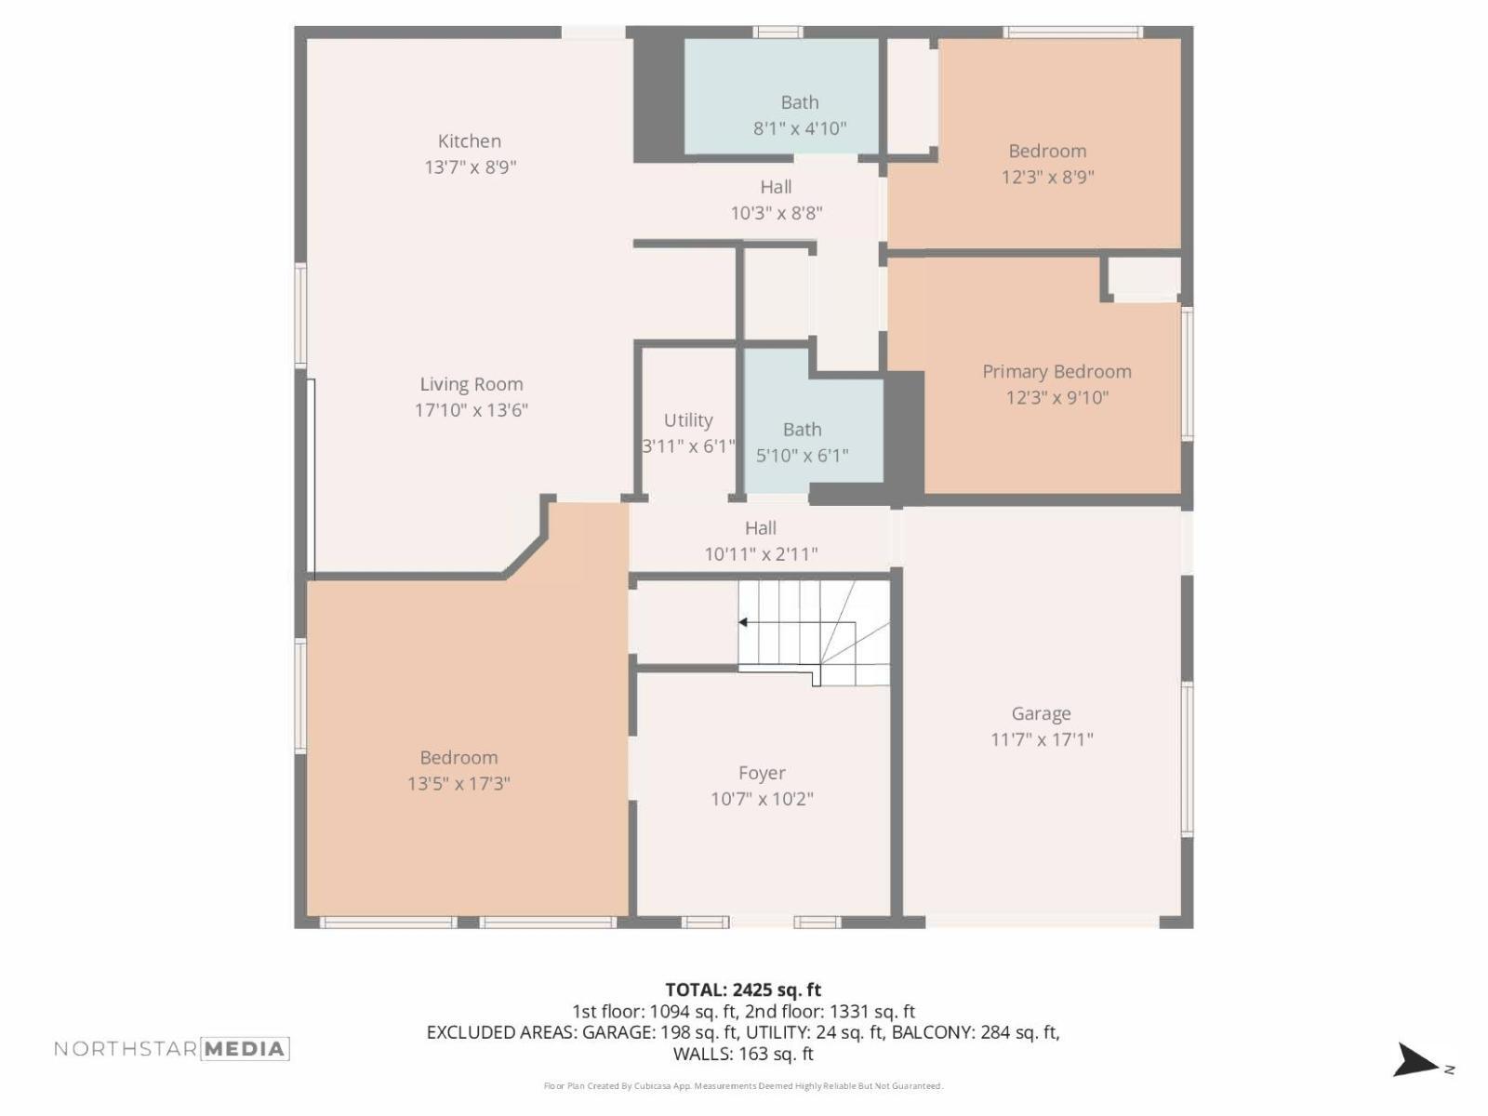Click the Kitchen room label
(470, 141)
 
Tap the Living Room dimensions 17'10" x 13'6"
(472, 410)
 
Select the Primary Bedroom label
(1056, 372)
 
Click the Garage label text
(1041, 714)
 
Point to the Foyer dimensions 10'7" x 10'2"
(762, 799)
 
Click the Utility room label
(688, 420)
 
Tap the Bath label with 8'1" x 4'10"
(800, 102)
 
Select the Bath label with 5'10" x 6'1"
(802, 430)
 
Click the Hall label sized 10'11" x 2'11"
(760, 528)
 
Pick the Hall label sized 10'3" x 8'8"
(776, 187)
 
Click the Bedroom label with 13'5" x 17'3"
(458, 758)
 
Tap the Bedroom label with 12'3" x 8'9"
(1047, 152)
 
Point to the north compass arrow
(1415, 1061)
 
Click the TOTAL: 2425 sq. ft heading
(743, 990)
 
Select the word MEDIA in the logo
(245, 1049)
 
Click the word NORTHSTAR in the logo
(126, 1049)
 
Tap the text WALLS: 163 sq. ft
(743, 1054)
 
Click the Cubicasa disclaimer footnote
(743, 1086)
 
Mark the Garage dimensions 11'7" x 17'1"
(1041, 740)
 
